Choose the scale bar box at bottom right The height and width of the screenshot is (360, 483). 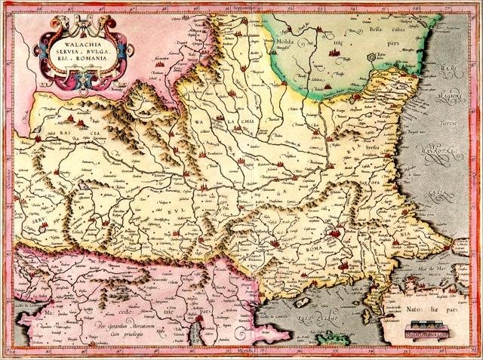point(426,328)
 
